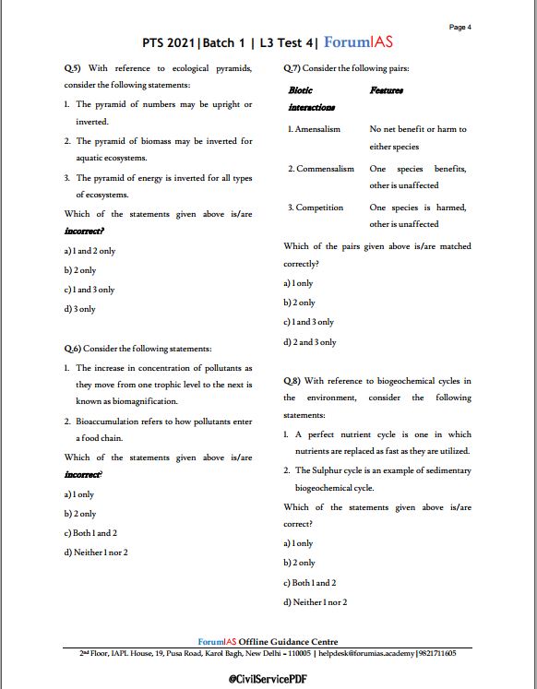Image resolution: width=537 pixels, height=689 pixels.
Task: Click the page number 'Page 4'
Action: [459, 27]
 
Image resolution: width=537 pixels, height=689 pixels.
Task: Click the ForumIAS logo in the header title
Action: [364, 42]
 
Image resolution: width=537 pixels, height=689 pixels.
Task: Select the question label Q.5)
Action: [72, 69]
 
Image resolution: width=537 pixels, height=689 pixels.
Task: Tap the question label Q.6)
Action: [72, 349]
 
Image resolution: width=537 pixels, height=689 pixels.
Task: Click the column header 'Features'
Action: [387, 90]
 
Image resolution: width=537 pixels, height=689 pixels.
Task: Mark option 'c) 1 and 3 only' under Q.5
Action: [89, 290]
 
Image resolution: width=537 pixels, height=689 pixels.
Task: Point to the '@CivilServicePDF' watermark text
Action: [268, 678]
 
